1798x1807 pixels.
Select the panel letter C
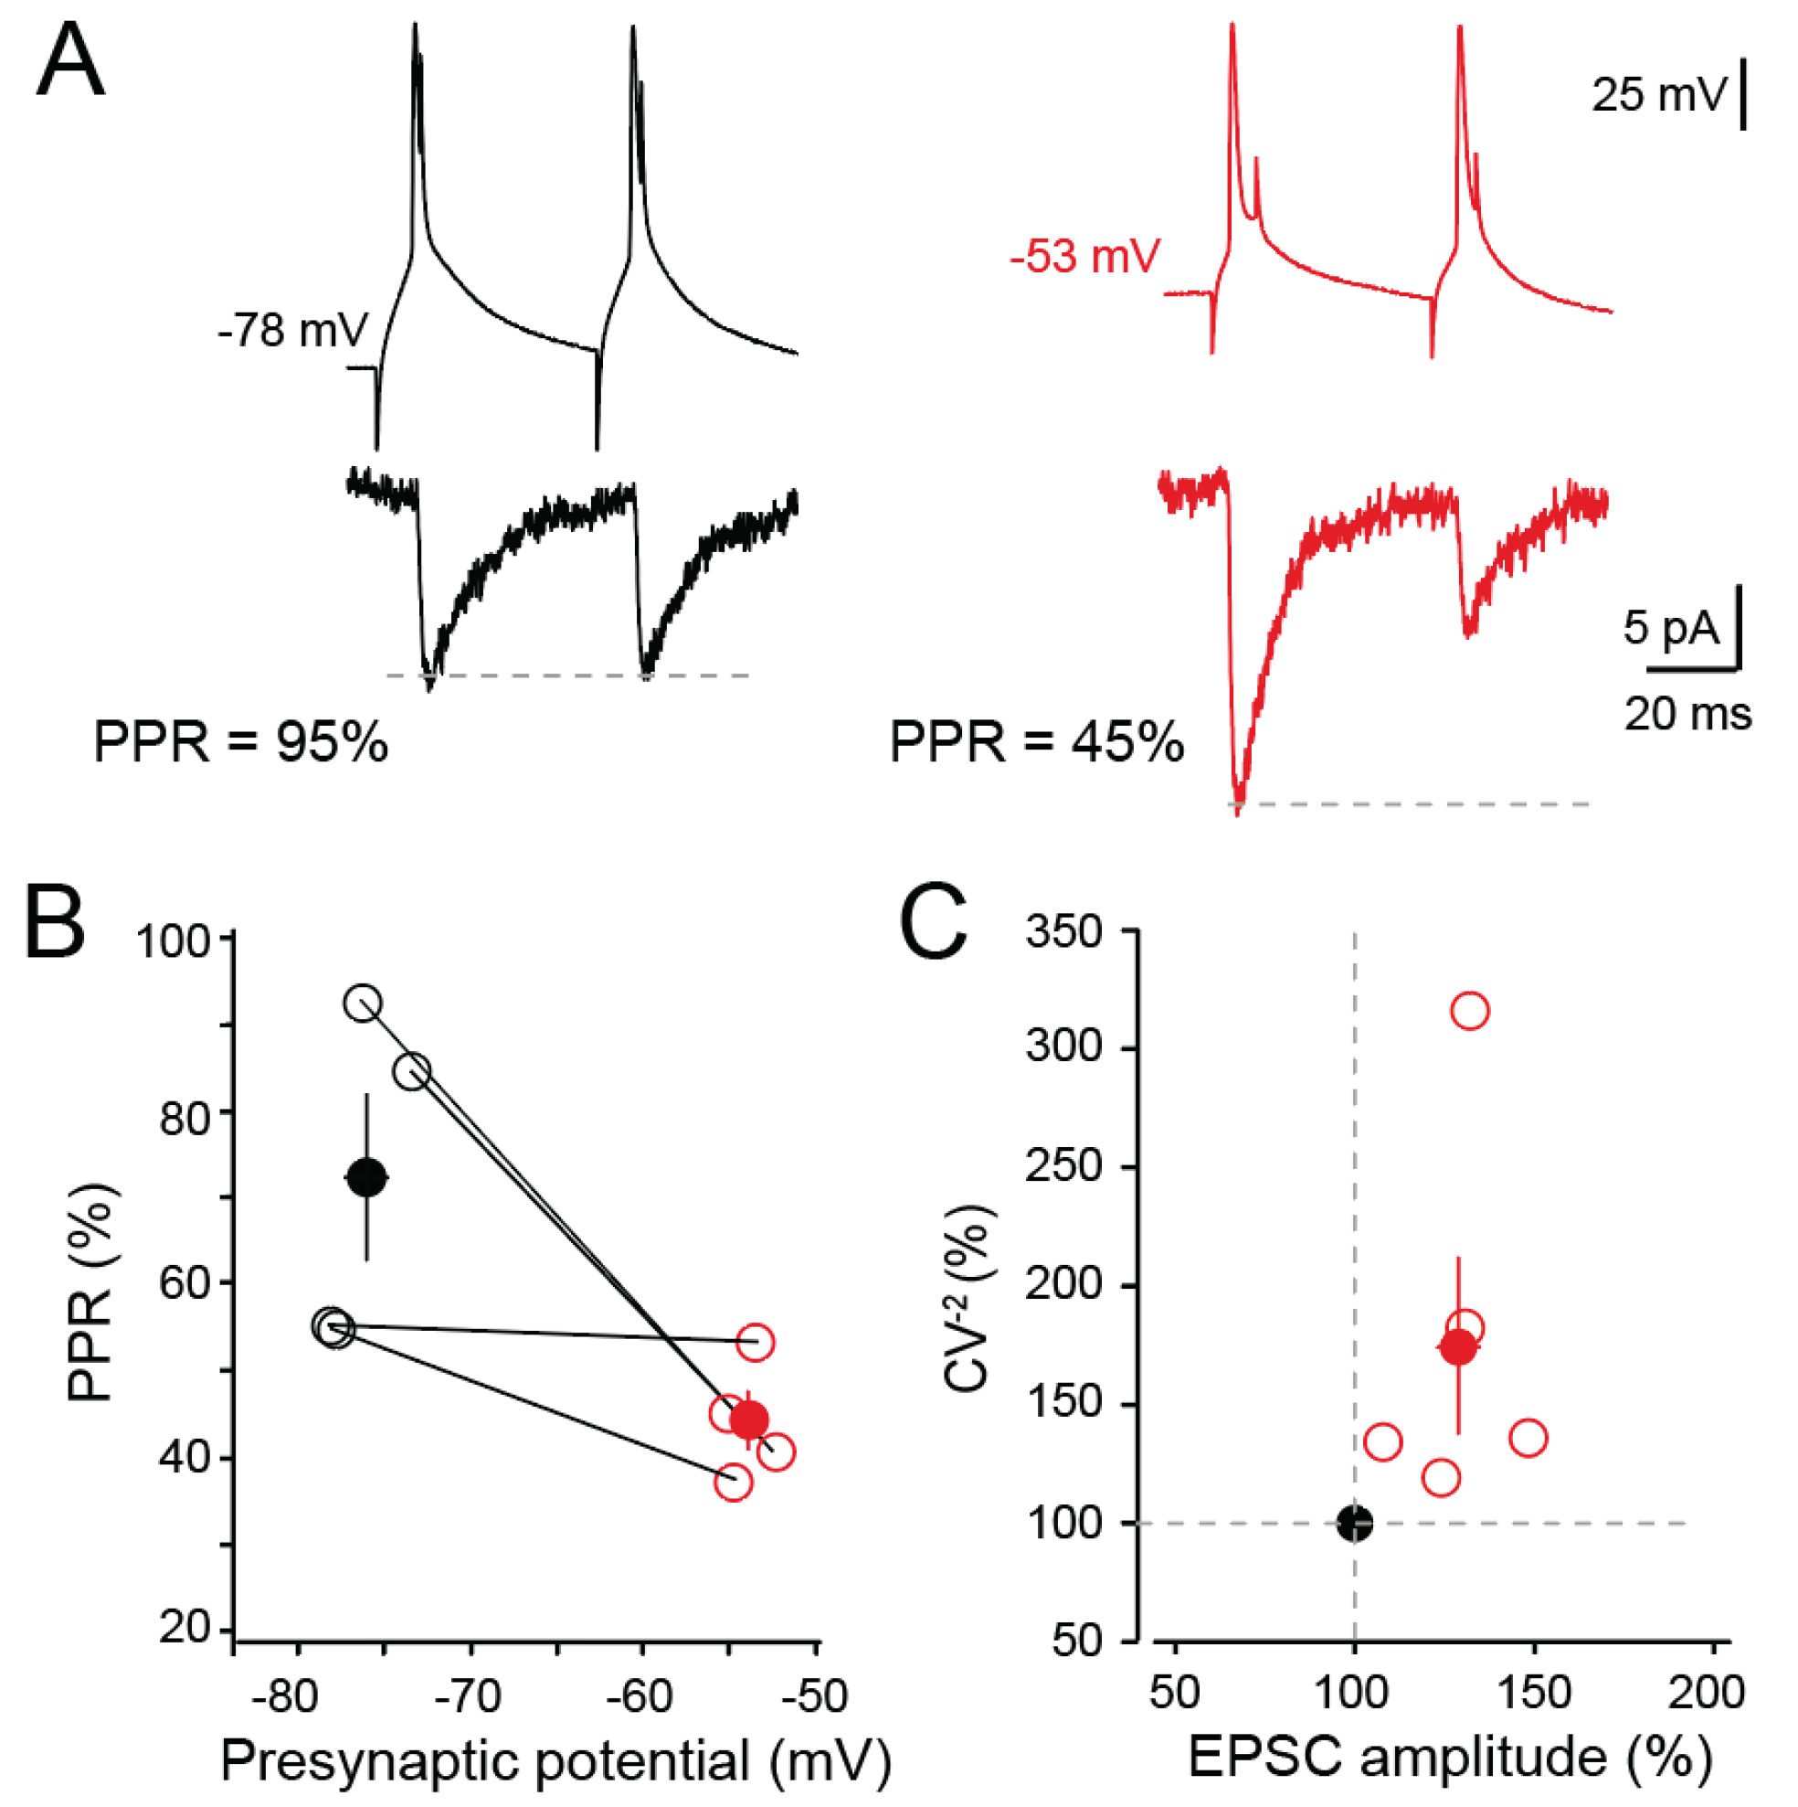tap(932, 922)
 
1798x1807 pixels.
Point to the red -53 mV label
tap(1084, 255)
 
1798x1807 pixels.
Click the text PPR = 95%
tap(240, 744)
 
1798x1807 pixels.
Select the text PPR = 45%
tap(1036, 744)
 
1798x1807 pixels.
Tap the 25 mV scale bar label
tap(1657, 95)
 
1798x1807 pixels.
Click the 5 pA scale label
tap(1671, 627)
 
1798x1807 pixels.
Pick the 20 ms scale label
tap(1687, 715)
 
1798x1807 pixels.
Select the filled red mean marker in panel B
tap(749, 1419)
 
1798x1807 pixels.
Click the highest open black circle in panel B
tap(363, 1004)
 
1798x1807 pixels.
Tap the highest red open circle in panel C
tap(1470, 1011)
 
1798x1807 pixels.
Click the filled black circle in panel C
tap(1355, 1523)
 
